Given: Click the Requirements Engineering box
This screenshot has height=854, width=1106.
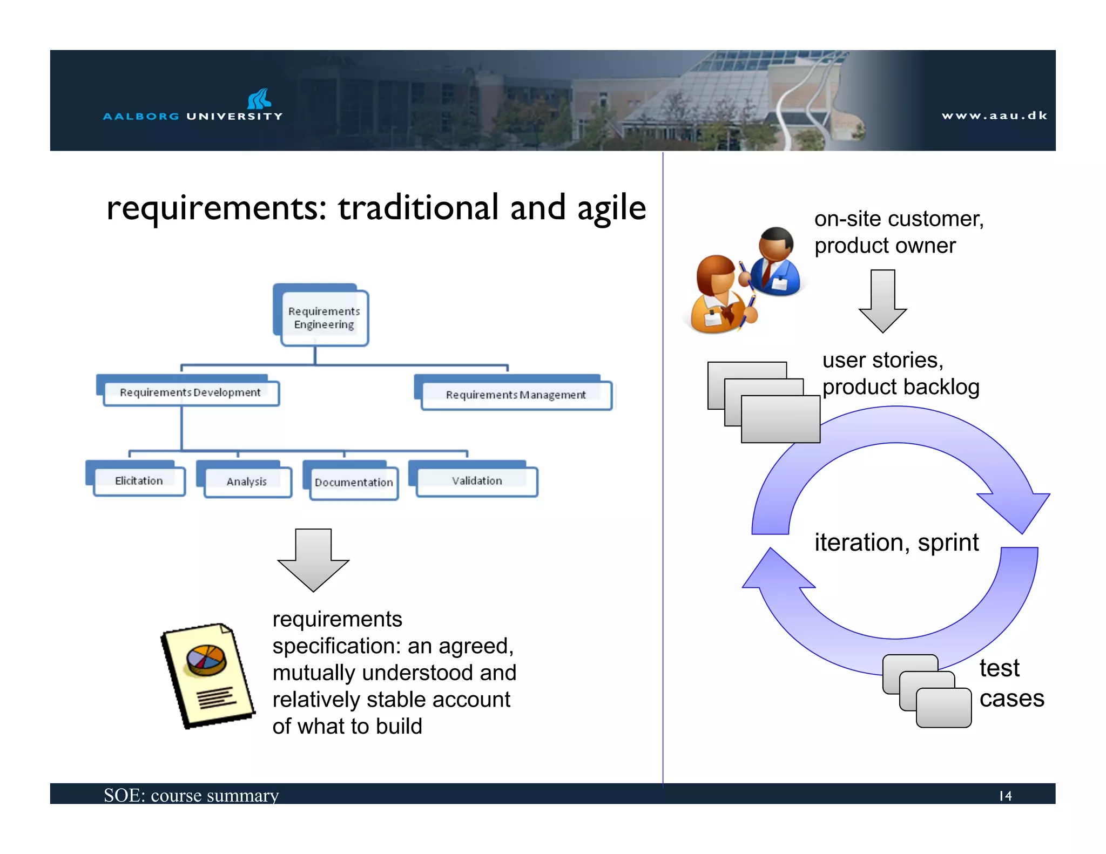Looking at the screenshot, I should pos(323,317).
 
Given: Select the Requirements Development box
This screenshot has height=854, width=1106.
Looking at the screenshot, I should pos(190,392).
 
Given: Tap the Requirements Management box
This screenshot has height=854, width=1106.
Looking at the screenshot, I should pos(515,395).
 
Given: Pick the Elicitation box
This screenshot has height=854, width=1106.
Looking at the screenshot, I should pos(139,480).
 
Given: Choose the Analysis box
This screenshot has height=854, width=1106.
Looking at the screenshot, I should pos(247,481).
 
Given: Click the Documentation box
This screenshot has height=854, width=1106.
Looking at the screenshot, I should pos(354,482).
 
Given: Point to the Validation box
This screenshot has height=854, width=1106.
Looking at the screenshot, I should pos(477,480).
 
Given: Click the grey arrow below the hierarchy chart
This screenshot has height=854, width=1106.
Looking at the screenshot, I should pos(313,561).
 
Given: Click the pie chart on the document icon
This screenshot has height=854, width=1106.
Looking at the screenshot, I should pos(205,660).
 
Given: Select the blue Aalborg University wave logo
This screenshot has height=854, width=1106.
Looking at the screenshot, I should pos(259,99).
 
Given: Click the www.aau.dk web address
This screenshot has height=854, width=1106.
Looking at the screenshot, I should pos(994,116).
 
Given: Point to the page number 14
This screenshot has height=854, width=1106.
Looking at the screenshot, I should pos(1005,796).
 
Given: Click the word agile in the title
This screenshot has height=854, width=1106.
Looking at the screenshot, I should pos(611,208).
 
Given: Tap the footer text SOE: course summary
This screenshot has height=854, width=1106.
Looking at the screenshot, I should pos(191,795).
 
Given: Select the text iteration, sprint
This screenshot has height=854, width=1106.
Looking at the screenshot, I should pos(896,543).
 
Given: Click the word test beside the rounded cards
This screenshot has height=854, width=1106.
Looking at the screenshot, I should pos(999,668).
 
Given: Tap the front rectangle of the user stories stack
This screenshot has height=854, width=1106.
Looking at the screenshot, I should pos(780,419).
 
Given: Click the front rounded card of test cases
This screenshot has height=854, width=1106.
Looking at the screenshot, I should pos(943,708).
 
